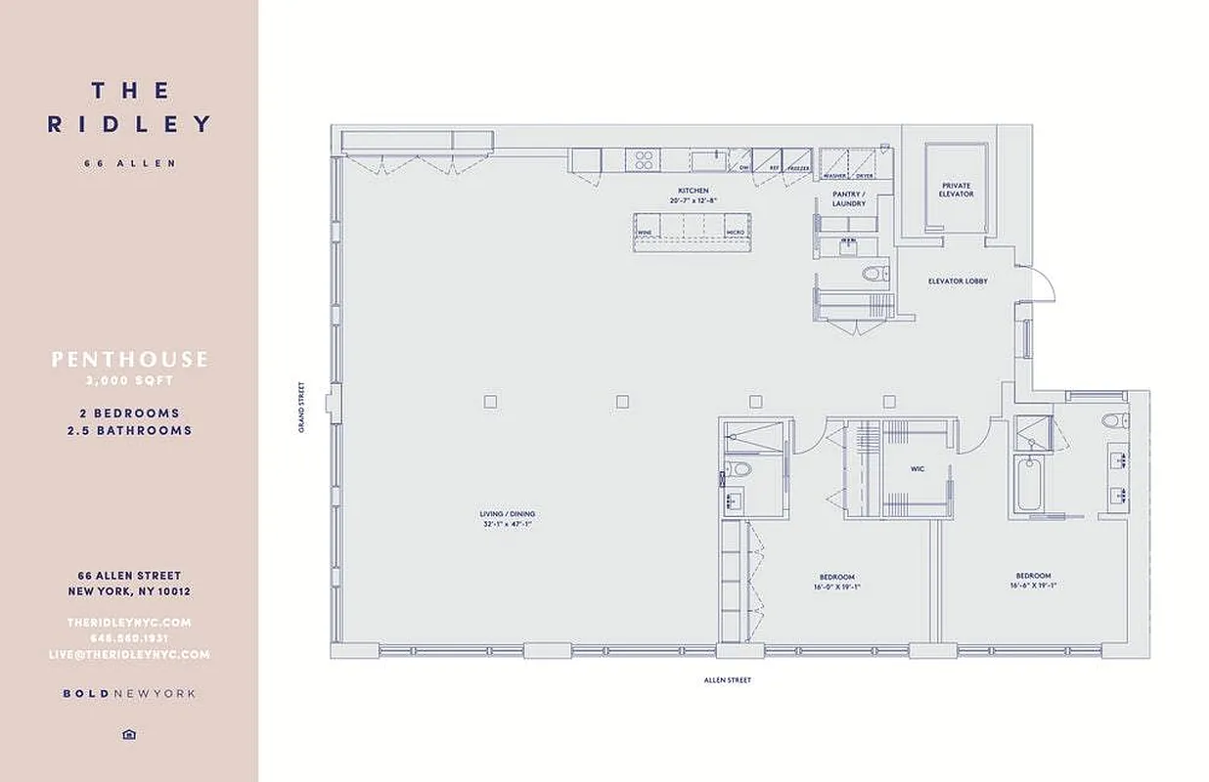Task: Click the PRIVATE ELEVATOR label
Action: coord(956,190)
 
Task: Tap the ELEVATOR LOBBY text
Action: coord(958,282)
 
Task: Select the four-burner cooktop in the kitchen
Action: coord(645,159)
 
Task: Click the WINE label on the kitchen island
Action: coord(645,232)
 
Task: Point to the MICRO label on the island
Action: coord(735,232)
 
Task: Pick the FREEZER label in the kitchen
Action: coord(799,167)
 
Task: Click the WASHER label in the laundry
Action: coord(834,176)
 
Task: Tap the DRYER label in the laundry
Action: coord(864,176)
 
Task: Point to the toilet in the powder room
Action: coord(876,273)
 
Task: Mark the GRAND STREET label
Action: coord(303,407)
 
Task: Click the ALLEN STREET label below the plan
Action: coord(728,679)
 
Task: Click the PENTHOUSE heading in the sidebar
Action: coord(129,360)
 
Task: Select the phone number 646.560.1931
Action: coord(129,638)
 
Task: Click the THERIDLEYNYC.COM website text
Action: coord(129,623)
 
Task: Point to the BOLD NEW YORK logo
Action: coord(129,694)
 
